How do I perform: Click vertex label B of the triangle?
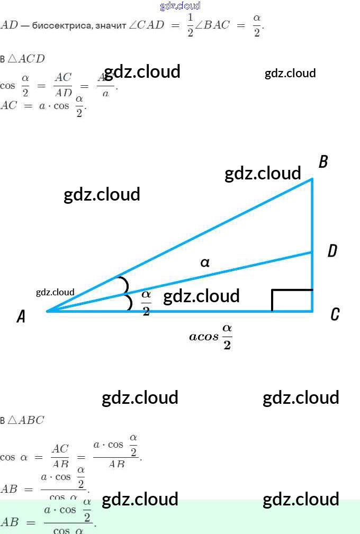coord(323,162)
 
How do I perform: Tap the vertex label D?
coord(332,251)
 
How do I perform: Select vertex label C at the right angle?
coord(335,315)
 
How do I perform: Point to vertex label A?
coord(21,316)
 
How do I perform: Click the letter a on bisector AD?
coord(205,262)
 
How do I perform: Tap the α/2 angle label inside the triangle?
coord(146,302)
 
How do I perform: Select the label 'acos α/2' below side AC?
coord(211,337)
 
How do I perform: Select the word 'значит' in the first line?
coord(110,25)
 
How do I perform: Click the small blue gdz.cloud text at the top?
coord(180,6)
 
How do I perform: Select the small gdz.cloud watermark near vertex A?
coord(55,292)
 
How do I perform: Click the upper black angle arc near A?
coord(124,284)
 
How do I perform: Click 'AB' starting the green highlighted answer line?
coord(10,522)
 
